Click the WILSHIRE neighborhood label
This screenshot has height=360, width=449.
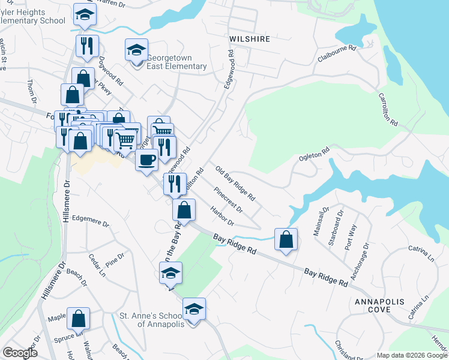pyautogui.click(x=249, y=39)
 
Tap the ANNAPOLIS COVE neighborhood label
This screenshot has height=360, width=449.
pyautogui.click(x=381, y=305)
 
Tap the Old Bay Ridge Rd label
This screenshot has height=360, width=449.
pyautogui.click(x=235, y=184)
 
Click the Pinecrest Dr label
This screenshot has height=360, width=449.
pyautogui.click(x=228, y=201)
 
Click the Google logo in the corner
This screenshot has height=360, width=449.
pyautogui.click(x=20, y=353)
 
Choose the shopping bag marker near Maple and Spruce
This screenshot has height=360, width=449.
pyautogui.click(x=79, y=320)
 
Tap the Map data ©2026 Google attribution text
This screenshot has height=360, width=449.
pyautogui.click(x=411, y=355)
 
